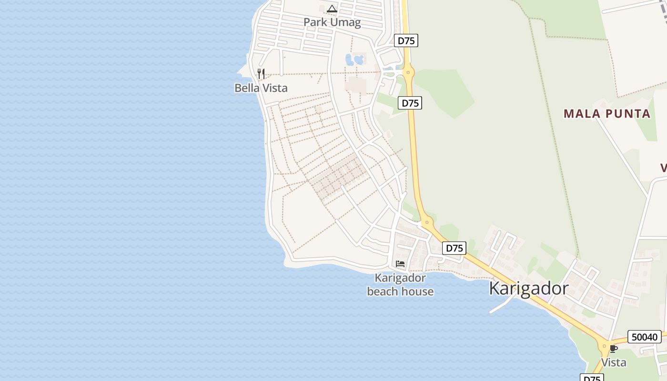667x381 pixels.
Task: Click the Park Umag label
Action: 332,22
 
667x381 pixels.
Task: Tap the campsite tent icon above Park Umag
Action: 332,9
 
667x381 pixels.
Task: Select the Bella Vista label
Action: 261,88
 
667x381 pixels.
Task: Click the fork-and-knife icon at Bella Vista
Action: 261,73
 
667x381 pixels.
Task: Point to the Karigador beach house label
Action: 400,284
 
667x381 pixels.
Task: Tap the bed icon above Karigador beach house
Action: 400,263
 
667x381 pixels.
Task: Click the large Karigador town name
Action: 529,289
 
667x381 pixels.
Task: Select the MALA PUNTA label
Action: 607,113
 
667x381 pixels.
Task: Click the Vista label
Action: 614,362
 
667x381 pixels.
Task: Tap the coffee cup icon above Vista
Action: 614,349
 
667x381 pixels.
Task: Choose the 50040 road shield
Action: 645,337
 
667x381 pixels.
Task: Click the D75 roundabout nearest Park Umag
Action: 408,72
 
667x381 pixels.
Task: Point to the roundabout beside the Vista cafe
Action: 605,346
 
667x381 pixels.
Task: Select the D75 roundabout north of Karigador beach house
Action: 426,221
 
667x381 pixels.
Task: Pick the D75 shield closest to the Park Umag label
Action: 406,40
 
